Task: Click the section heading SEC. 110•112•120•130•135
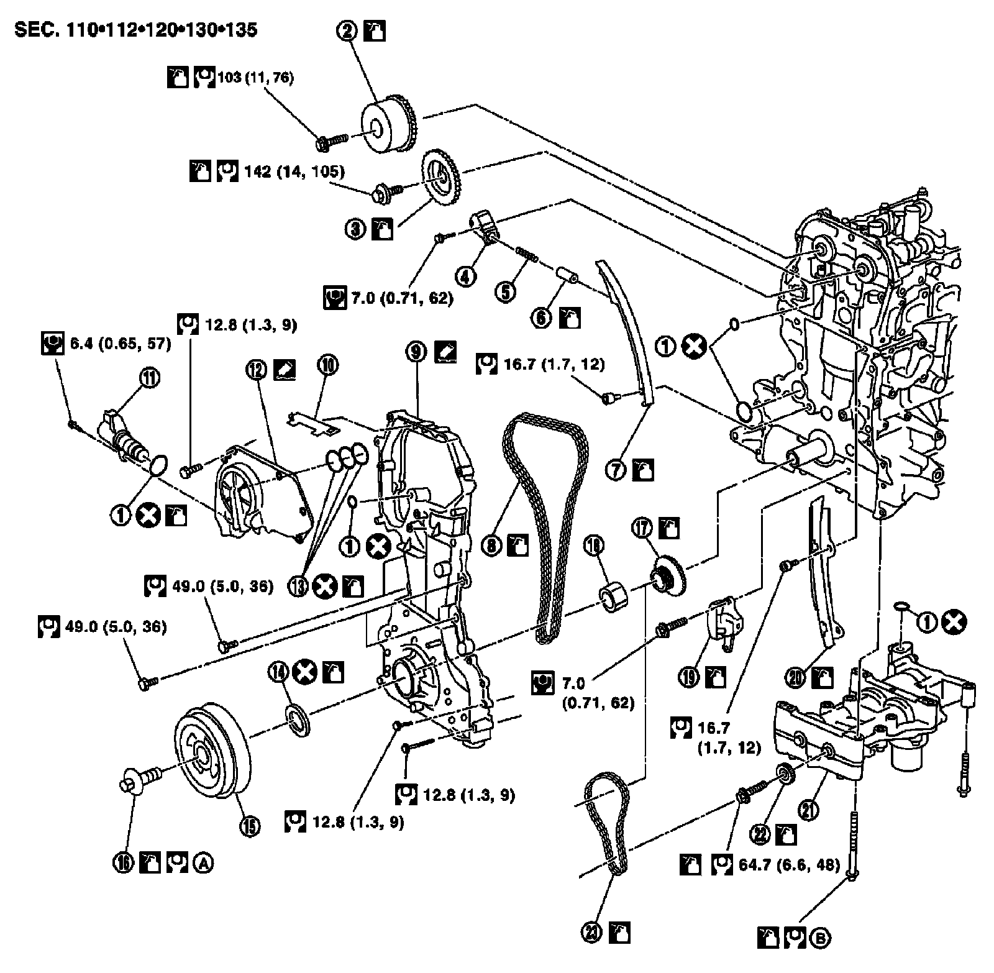pyautogui.click(x=135, y=30)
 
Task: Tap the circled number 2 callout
pyautogui.click(x=349, y=30)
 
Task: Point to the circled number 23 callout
pyautogui.click(x=591, y=932)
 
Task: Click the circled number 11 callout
pyautogui.click(x=151, y=378)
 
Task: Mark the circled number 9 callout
pyautogui.click(x=416, y=352)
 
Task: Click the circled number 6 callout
pyautogui.click(x=541, y=318)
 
